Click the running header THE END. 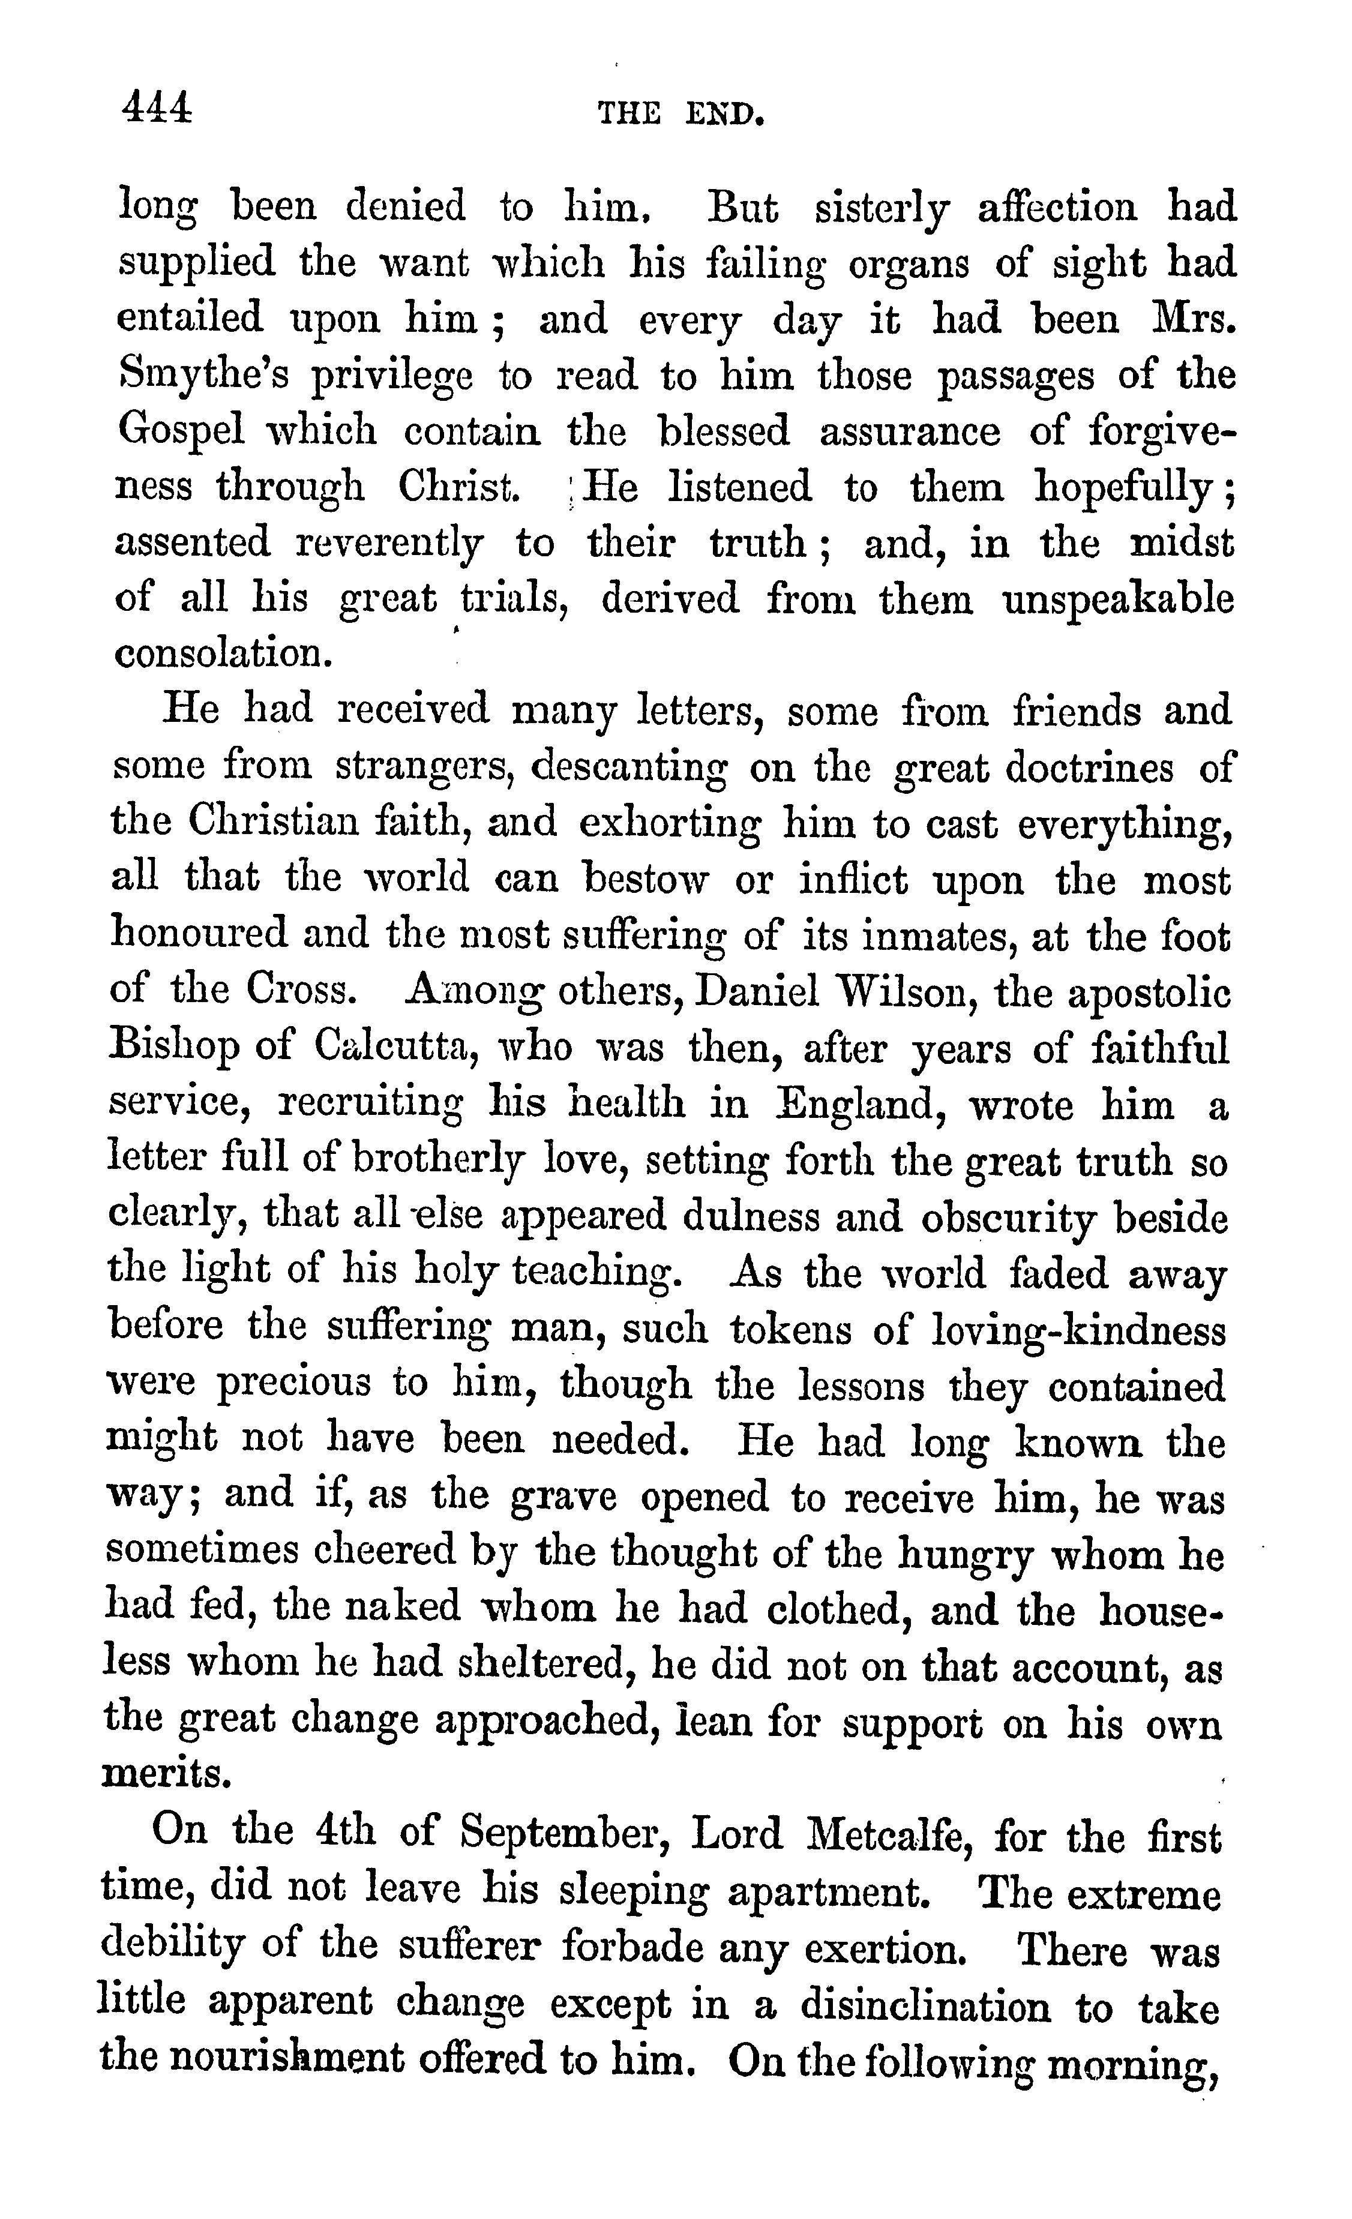[681, 115]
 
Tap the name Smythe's [203, 376]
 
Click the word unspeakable [1118, 599]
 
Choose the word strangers [423, 766]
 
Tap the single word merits [167, 1773]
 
